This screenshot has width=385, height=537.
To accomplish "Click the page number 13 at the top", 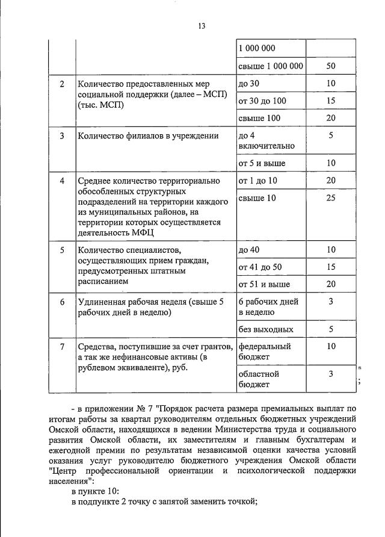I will tap(202, 26).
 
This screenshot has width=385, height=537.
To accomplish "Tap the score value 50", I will tap(330, 66).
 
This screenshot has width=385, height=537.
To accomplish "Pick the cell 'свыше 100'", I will tap(259, 118).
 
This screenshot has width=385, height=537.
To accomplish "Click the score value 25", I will tap(330, 198).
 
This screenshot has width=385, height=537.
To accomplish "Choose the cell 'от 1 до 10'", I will tap(258, 181).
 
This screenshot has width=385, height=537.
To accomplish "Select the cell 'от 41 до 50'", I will tap(260, 267).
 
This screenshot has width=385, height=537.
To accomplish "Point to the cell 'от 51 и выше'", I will tap(264, 284).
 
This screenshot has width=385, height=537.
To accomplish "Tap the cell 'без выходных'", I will tap(266, 329).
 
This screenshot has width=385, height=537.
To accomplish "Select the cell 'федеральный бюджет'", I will tap(265, 352).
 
